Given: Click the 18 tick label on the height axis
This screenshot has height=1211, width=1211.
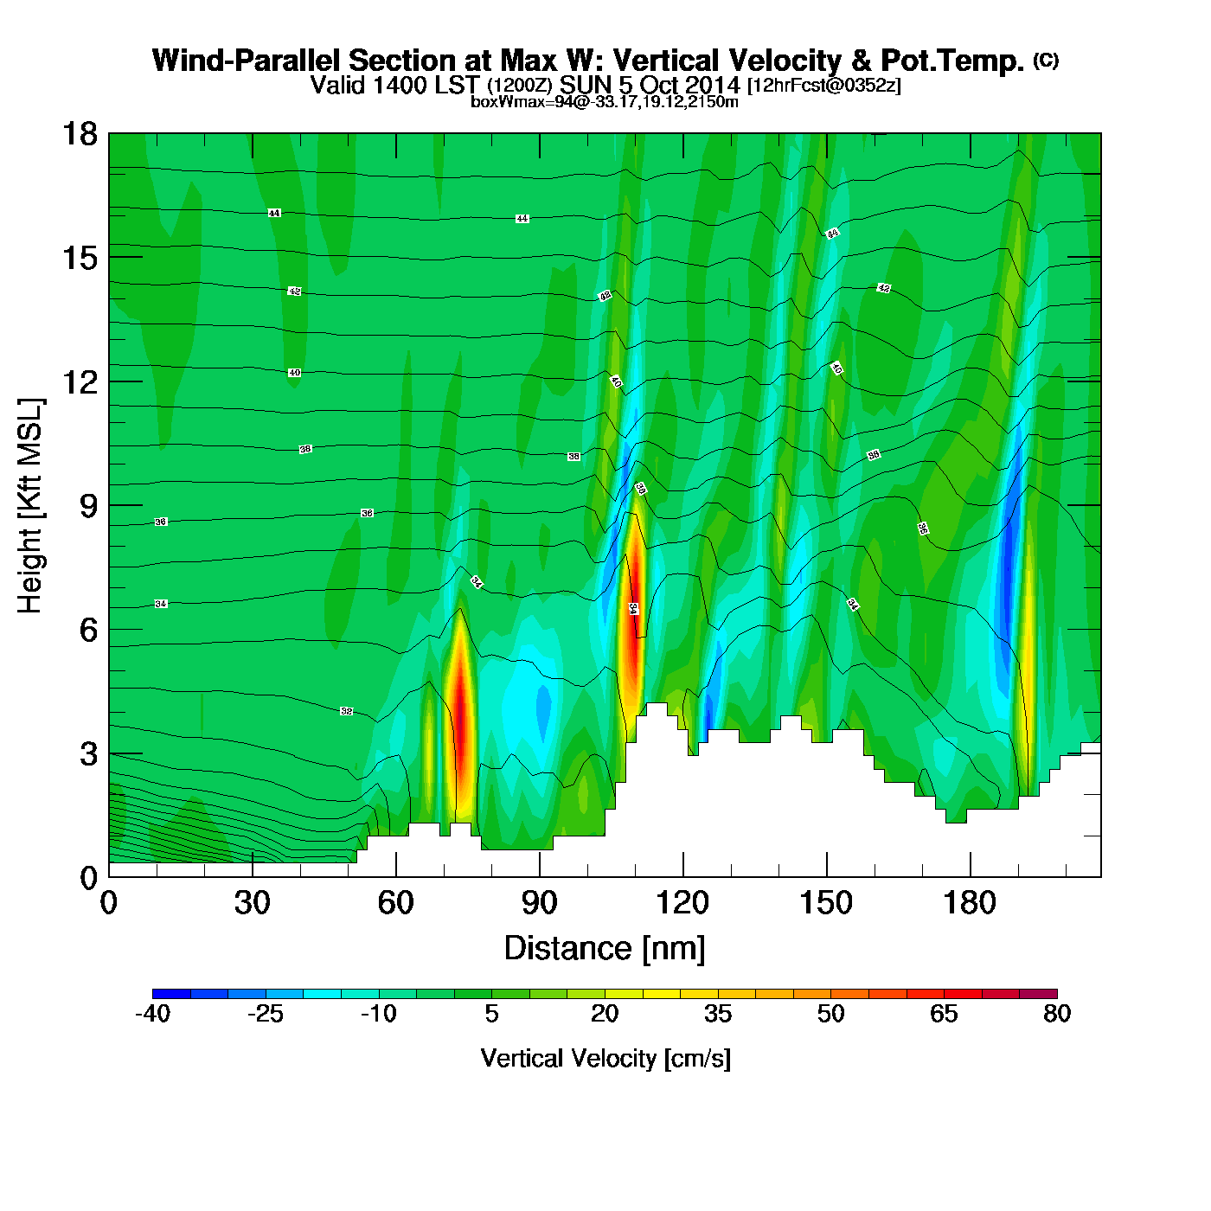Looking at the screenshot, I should coord(79,134).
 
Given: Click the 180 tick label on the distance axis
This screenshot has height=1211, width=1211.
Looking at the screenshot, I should coord(970,903).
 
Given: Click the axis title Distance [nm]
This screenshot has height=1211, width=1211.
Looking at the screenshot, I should coord(605,948).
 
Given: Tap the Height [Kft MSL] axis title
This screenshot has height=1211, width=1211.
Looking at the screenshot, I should coord(30,506).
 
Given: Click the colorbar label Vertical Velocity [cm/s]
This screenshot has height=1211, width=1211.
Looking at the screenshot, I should coord(605,1058).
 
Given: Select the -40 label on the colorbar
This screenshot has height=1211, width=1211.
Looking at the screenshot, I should coord(152,1014).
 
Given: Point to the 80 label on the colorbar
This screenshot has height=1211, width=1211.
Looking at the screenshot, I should coord(1057,1014).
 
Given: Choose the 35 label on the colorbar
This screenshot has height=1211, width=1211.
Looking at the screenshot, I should coord(718,1014).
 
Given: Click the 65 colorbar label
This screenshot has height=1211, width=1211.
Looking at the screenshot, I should coord(944,1014).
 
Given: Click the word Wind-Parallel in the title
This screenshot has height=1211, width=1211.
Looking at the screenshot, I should coord(247,61).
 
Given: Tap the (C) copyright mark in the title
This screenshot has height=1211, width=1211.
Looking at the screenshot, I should coord(1046,60).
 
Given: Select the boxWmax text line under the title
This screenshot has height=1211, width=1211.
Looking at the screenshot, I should coord(605,102).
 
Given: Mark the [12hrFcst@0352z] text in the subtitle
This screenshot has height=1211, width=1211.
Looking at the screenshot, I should coord(824,85).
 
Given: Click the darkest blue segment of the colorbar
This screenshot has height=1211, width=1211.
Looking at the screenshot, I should coord(171,994).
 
